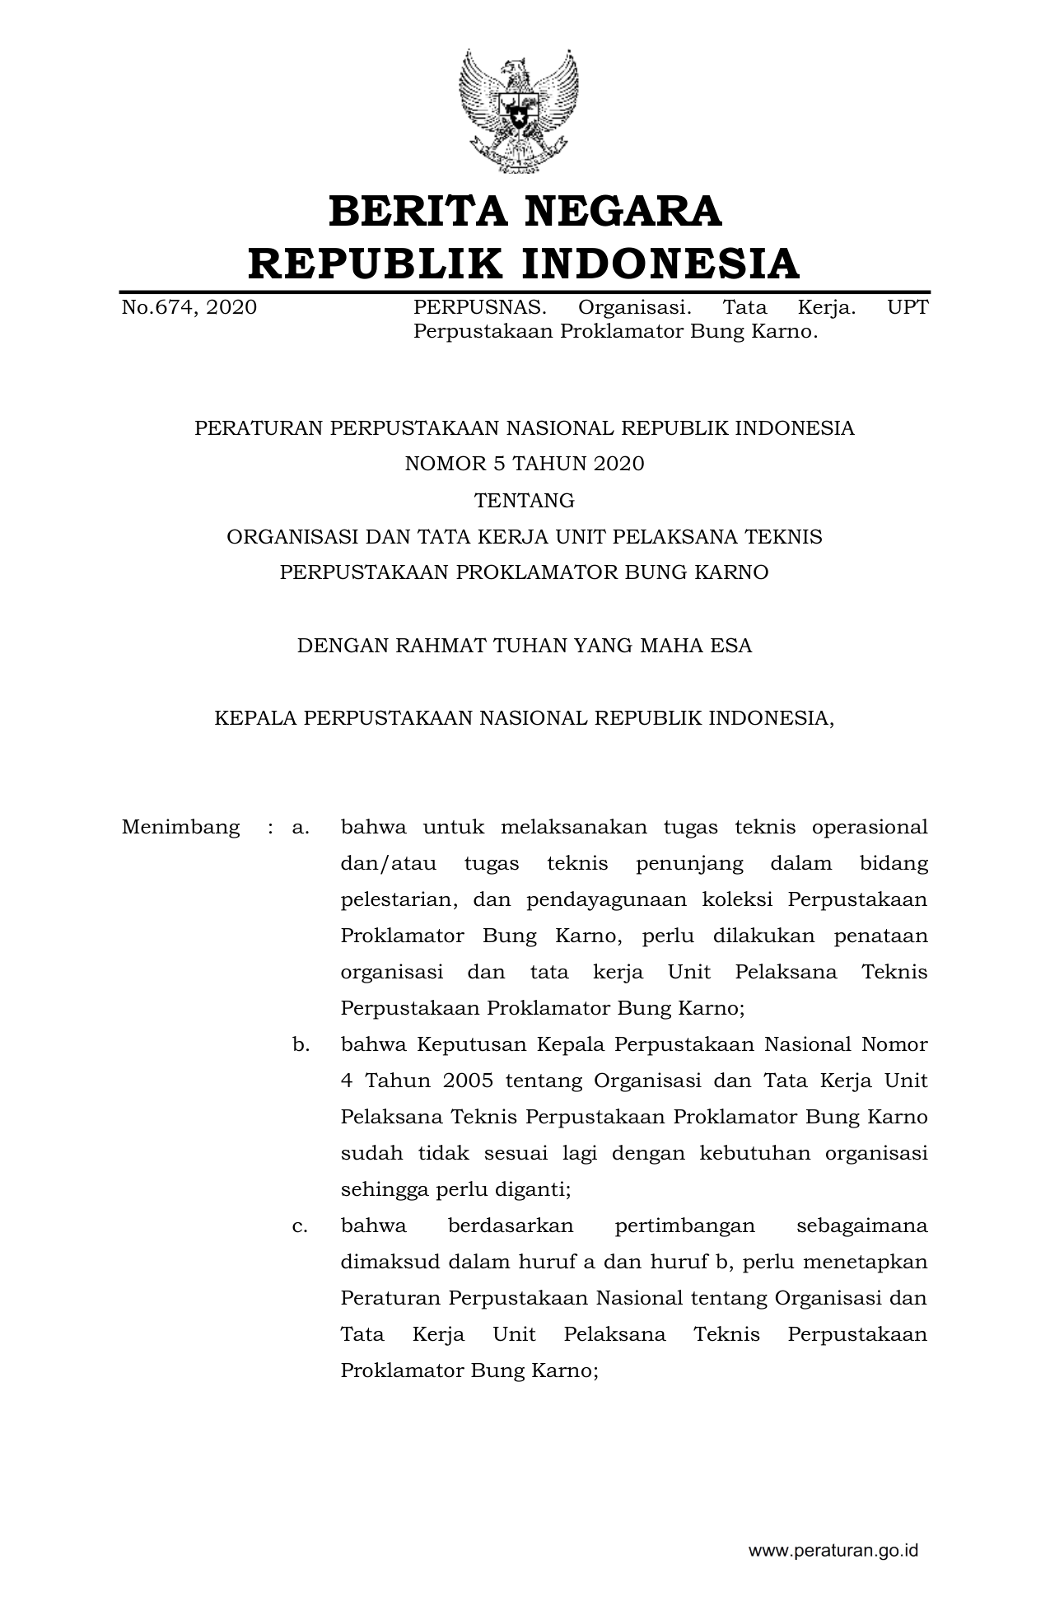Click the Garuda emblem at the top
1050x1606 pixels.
point(519,110)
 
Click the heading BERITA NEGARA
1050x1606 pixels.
point(525,212)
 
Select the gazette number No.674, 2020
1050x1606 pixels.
point(189,308)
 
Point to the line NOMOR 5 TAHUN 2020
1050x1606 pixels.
point(525,465)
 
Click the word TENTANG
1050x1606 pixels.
point(525,501)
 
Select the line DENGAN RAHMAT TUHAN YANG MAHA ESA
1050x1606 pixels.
point(525,646)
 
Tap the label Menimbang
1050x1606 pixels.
point(181,827)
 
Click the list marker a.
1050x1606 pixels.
point(301,827)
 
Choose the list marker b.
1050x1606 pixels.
point(301,1044)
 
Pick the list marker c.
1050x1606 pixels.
point(301,1226)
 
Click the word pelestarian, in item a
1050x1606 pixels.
point(399,899)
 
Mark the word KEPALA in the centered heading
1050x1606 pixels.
point(254,718)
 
